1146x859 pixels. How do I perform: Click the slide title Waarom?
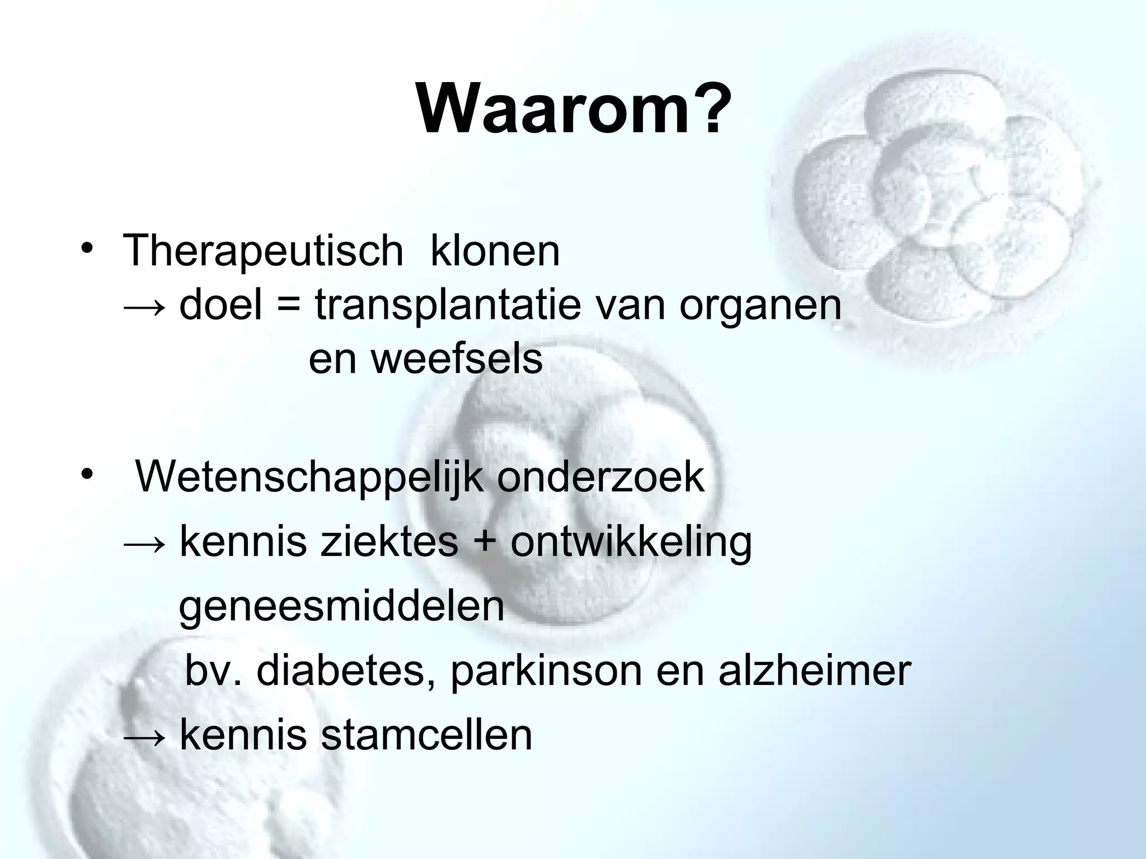574,109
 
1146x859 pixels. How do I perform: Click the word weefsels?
457,359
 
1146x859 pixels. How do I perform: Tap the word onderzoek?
601,476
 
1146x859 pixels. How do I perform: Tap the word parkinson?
546,671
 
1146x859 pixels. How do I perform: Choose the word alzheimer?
815,671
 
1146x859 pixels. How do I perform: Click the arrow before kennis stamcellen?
144,737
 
